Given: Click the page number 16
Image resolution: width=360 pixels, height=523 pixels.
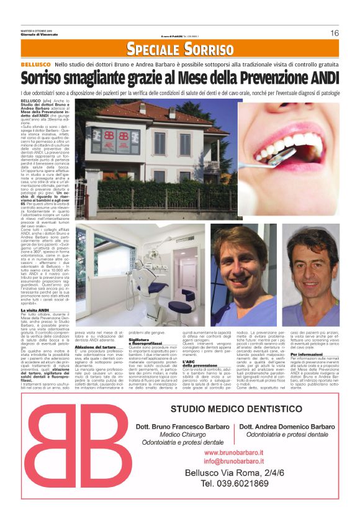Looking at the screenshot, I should (334, 33).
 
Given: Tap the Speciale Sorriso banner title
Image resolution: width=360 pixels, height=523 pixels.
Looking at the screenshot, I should (180, 48).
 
